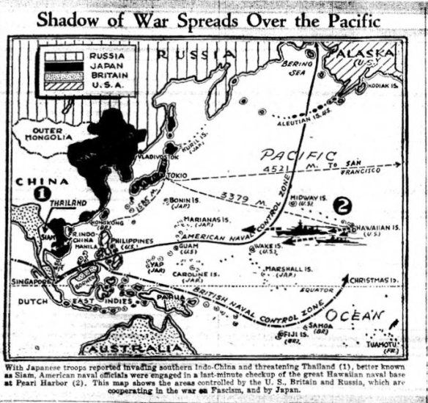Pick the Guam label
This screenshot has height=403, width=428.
tap(188, 246)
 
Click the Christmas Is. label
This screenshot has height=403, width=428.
tap(374, 280)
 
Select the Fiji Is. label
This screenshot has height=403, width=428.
tap(294, 335)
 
